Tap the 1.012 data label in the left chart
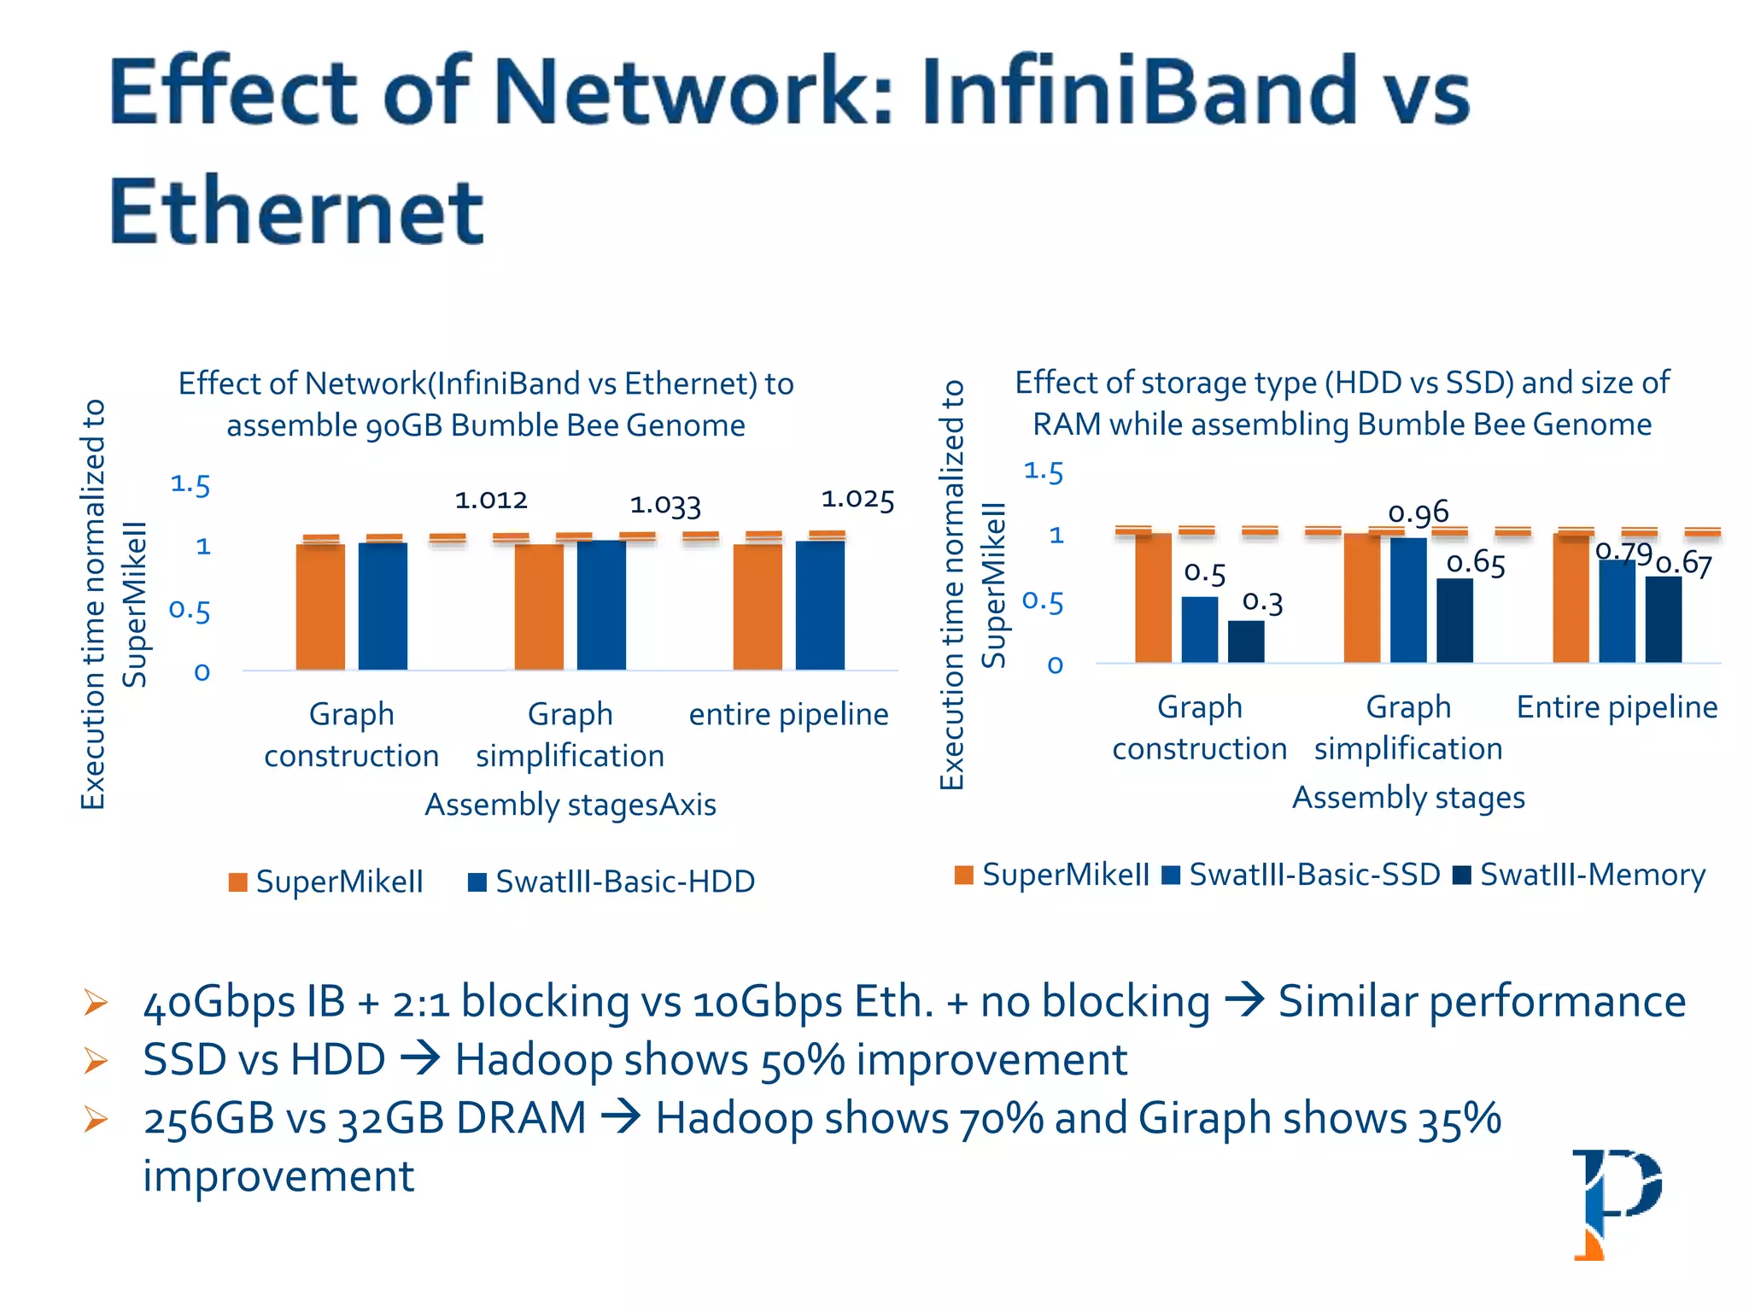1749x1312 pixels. pyautogui.click(x=491, y=500)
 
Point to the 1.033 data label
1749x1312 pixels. pyautogui.click(x=665, y=506)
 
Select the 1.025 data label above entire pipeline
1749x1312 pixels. pyautogui.click(x=857, y=500)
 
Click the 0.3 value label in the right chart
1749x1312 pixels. pyautogui.click(x=1262, y=602)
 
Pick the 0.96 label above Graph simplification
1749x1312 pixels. pyautogui.click(x=1419, y=512)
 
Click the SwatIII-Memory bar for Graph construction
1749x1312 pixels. pyautogui.click(x=1246, y=641)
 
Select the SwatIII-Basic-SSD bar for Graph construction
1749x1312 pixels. pyautogui.click(x=1200, y=630)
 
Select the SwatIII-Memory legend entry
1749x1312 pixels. pyautogui.click(x=1580, y=875)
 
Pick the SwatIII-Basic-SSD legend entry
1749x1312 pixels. pyautogui.click(x=1302, y=875)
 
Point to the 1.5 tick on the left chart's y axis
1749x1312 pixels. pyautogui.click(x=190, y=485)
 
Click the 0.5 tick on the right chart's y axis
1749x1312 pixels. pyautogui.click(x=1043, y=602)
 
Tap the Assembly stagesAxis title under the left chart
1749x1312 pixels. pyautogui.click(x=570, y=805)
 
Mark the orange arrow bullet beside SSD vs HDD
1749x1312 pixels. pyautogui.click(x=96, y=1061)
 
